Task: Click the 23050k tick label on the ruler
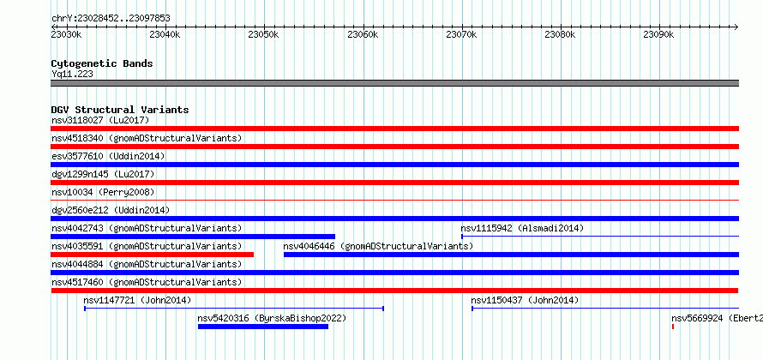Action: (263, 34)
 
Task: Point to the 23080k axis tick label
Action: (560, 34)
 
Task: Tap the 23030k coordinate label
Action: (66, 34)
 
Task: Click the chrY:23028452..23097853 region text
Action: (111, 19)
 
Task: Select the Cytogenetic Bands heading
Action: (102, 63)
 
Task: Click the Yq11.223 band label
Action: (72, 74)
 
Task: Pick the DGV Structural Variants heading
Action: (120, 110)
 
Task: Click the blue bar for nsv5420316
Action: (263, 327)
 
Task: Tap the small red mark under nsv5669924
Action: (673, 327)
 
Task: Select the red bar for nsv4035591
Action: (153, 255)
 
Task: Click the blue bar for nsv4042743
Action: (193, 237)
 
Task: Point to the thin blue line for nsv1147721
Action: (234, 309)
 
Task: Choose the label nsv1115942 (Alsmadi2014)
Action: (522, 228)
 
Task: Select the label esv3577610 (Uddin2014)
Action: (108, 156)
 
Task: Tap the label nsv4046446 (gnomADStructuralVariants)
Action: (378, 246)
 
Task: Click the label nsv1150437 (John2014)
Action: (525, 300)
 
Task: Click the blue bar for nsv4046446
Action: (512, 255)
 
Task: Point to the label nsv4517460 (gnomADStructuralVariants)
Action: (147, 282)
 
